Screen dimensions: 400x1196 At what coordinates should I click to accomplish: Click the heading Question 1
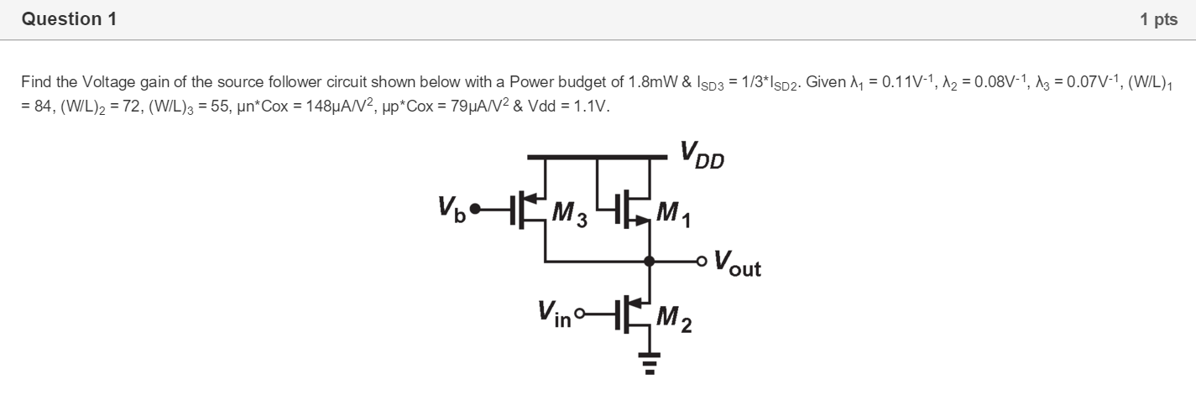[70, 19]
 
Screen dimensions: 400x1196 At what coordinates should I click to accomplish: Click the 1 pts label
[1158, 20]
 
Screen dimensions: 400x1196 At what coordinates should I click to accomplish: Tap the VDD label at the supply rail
[702, 155]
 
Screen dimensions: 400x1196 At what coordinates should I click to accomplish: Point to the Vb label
[452, 207]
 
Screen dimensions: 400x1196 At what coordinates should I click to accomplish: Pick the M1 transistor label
[674, 216]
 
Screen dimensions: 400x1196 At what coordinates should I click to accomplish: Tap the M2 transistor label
[674, 318]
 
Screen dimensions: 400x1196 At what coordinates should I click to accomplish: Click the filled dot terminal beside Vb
[475, 208]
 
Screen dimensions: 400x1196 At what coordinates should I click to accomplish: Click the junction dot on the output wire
[649, 262]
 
